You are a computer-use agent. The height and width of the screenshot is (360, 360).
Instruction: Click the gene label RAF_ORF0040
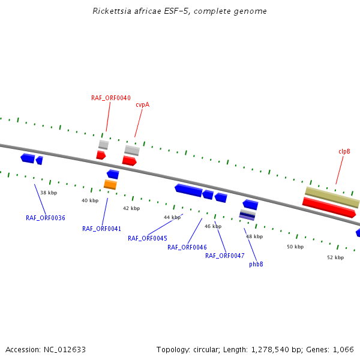click(111, 98)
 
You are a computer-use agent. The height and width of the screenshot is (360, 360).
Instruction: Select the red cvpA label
click(142, 104)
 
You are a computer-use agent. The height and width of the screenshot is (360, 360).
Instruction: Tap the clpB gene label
click(344, 152)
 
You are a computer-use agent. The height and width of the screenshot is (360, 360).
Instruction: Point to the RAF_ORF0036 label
click(46, 218)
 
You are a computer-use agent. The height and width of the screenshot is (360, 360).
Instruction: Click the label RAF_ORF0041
click(102, 229)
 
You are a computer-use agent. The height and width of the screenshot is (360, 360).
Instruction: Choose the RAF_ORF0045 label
click(148, 238)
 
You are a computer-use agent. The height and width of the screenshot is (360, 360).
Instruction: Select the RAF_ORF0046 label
click(187, 247)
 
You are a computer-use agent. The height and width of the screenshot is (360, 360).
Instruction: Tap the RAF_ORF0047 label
click(225, 256)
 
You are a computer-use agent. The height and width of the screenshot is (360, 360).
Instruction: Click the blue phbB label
click(256, 264)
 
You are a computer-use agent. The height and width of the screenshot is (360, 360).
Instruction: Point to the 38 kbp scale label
click(49, 193)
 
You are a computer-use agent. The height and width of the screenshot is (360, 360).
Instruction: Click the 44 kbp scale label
click(172, 217)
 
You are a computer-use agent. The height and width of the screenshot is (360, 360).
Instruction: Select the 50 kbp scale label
click(295, 247)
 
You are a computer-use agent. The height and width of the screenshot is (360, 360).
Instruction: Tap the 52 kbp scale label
click(335, 257)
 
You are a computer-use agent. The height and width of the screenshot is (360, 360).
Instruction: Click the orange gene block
click(110, 185)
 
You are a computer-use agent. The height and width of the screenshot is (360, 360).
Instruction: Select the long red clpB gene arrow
click(329, 207)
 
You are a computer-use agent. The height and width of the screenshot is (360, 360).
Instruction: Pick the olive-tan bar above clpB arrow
click(332, 197)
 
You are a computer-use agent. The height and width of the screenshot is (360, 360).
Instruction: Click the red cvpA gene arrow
click(129, 161)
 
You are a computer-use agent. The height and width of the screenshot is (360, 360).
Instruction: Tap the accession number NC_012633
click(65, 349)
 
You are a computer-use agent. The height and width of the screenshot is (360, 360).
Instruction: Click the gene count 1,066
click(343, 349)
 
